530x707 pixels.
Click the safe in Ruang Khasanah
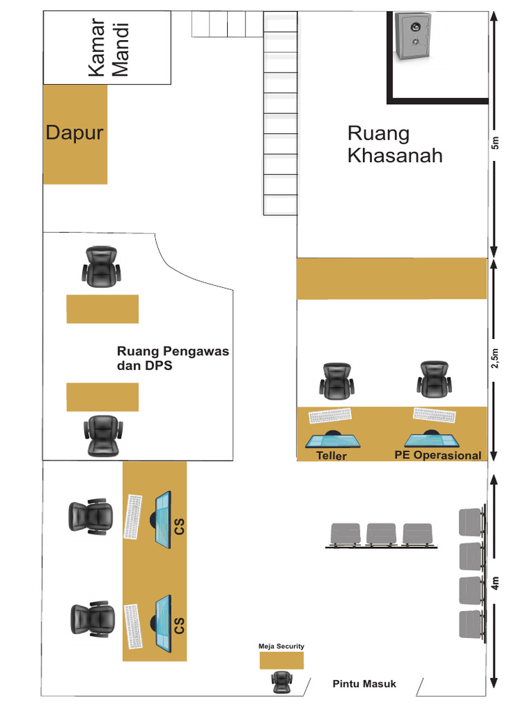point(413,37)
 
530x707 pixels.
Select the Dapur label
point(75,133)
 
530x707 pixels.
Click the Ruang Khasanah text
point(395,144)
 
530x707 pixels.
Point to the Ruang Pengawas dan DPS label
point(173,358)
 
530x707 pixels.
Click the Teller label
point(331,456)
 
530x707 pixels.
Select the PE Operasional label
point(438,455)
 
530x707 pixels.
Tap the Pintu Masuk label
point(364,684)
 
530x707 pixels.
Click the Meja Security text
point(281,646)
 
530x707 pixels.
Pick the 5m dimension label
point(495,144)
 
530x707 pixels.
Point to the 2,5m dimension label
point(495,359)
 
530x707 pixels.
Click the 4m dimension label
point(495,584)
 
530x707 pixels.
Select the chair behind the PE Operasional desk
point(434,379)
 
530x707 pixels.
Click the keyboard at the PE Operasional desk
point(435,415)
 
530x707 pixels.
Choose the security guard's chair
point(281,681)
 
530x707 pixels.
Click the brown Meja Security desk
point(282,660)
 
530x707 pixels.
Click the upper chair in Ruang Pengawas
point(102,267)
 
